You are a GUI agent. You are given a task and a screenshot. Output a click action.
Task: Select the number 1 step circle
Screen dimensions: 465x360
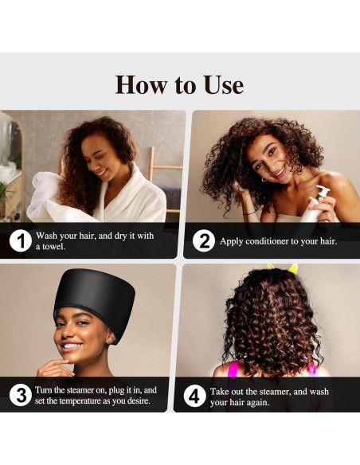pos(21,241)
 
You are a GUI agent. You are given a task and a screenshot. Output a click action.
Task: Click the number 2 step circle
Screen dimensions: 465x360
pos(203,241)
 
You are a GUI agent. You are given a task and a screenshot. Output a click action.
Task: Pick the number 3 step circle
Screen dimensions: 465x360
pos(21,395)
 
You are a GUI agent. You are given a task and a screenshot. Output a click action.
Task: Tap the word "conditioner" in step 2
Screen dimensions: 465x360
pos(268,241)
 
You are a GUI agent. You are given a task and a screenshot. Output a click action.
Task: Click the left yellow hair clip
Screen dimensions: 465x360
pos(272,268)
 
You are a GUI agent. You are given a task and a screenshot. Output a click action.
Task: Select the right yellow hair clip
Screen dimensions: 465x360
pos(293,268)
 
